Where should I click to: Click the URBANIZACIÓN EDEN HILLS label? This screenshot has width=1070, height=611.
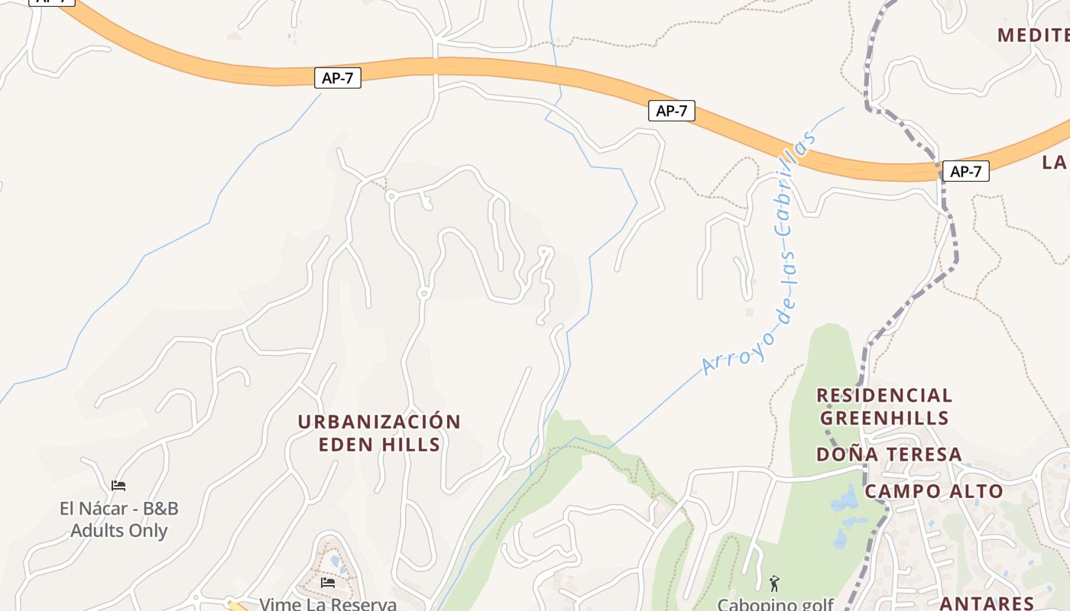[x=379, y=433]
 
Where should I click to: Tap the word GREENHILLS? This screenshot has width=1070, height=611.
[x=884, y=419]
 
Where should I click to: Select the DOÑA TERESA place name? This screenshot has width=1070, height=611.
[x=889, y=454]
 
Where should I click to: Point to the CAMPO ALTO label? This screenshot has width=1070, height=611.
[x=933, y=491]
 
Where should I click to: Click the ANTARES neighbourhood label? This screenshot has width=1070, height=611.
[x=986, y=603]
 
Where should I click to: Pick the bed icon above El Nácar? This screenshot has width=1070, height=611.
[x=118, y=486]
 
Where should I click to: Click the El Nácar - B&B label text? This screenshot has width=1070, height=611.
[x=118, y=509]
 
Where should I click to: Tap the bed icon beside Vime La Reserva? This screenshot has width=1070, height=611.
[x=328, y=583]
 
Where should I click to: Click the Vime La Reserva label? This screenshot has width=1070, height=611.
[x=328, y=604]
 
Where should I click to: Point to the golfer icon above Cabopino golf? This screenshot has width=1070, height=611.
[x=774, y=584]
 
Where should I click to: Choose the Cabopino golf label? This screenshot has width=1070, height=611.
[x=775, y=604]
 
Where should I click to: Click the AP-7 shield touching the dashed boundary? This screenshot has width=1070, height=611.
[x=965, y=171]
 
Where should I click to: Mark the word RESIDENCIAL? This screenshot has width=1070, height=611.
[x=884, y=396]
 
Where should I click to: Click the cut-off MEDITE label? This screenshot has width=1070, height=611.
[x=1033, y=35]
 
